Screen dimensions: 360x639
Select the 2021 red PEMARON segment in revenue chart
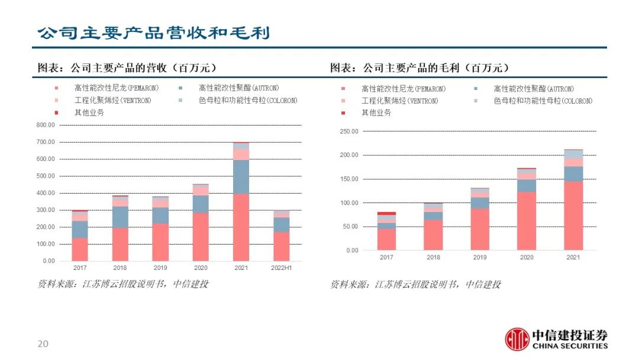(241, 227)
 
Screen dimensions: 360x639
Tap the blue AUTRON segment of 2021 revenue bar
(241, 176)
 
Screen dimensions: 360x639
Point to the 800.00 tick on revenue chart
(45, 126)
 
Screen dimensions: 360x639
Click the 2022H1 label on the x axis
(281, 268)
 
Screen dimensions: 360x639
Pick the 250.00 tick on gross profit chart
(349, 131)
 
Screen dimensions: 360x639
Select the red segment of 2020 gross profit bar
(527, 220)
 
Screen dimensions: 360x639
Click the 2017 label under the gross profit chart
(386, 258)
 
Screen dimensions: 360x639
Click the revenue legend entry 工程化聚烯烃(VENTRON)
(112, 101)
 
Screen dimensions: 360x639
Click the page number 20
(43, 344)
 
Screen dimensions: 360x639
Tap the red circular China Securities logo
(517, 339)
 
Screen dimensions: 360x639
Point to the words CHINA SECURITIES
(570, 346)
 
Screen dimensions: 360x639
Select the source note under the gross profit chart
(415, 285)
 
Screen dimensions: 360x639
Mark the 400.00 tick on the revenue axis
(45, 193)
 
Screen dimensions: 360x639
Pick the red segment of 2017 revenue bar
(80, 249)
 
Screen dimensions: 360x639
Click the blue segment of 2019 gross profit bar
(480, 202)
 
